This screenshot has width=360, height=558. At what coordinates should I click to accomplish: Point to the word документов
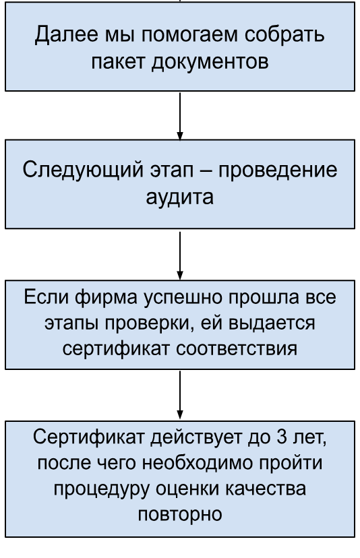click(210, 62)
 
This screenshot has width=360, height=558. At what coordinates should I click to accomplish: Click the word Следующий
click(83, 170)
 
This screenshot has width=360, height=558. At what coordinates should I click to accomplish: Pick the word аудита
click(180, 197)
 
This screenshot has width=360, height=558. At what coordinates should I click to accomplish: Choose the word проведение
click(278, 170)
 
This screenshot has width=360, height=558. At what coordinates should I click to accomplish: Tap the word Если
click(46, 297)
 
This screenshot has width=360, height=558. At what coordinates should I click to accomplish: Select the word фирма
click(106, 297)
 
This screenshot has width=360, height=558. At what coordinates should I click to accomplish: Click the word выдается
click(272, 323)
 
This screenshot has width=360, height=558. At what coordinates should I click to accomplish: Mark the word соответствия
click(237, 349)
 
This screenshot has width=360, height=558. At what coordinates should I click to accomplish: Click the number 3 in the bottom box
click(281, 437)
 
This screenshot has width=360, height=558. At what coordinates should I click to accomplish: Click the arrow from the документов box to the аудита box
click(180, 116)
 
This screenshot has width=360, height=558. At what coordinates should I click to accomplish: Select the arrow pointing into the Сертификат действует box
click(180, 395)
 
